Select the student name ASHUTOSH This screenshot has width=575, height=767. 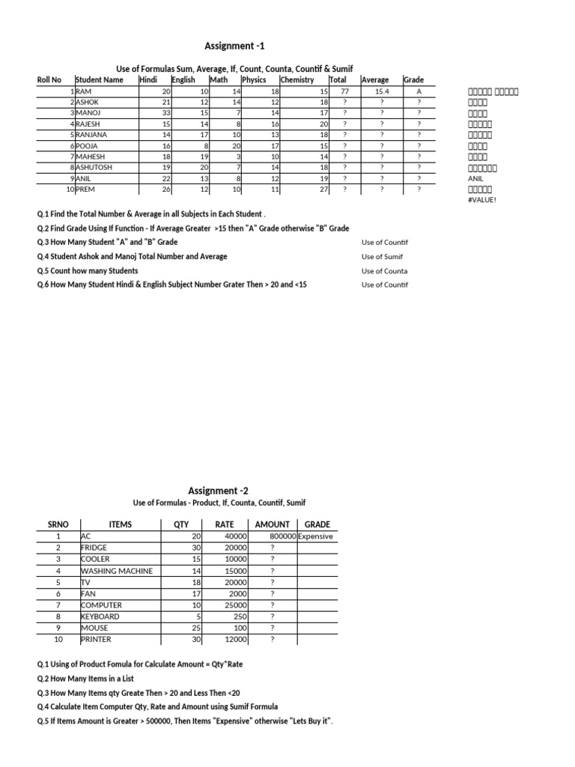click(94, 168)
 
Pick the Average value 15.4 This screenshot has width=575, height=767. click(381, 91)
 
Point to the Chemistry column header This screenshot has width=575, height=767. click(297, 79)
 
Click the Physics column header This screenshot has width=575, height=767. click(254, 79)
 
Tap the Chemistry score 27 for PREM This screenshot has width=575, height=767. click(323, 190)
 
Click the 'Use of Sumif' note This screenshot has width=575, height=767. click(383, 257)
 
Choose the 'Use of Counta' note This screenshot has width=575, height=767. click(385, 271)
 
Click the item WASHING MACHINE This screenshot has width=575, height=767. click(117, 571)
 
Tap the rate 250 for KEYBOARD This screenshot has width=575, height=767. click(240, 616)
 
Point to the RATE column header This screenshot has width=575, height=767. click(225, 525)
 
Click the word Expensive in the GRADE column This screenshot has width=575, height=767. click(315, 537)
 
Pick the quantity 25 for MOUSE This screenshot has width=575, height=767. click(197, 628)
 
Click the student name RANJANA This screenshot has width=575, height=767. click(92, 135)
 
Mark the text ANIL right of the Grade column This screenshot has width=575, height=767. click(475, 179)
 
